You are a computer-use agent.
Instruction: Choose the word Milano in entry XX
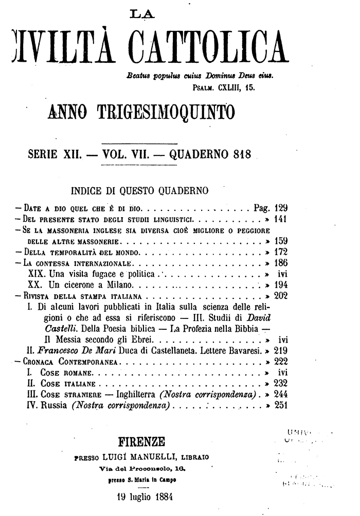[x=121, y=284]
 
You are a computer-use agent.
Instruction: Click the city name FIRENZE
[x=142, y=441]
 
